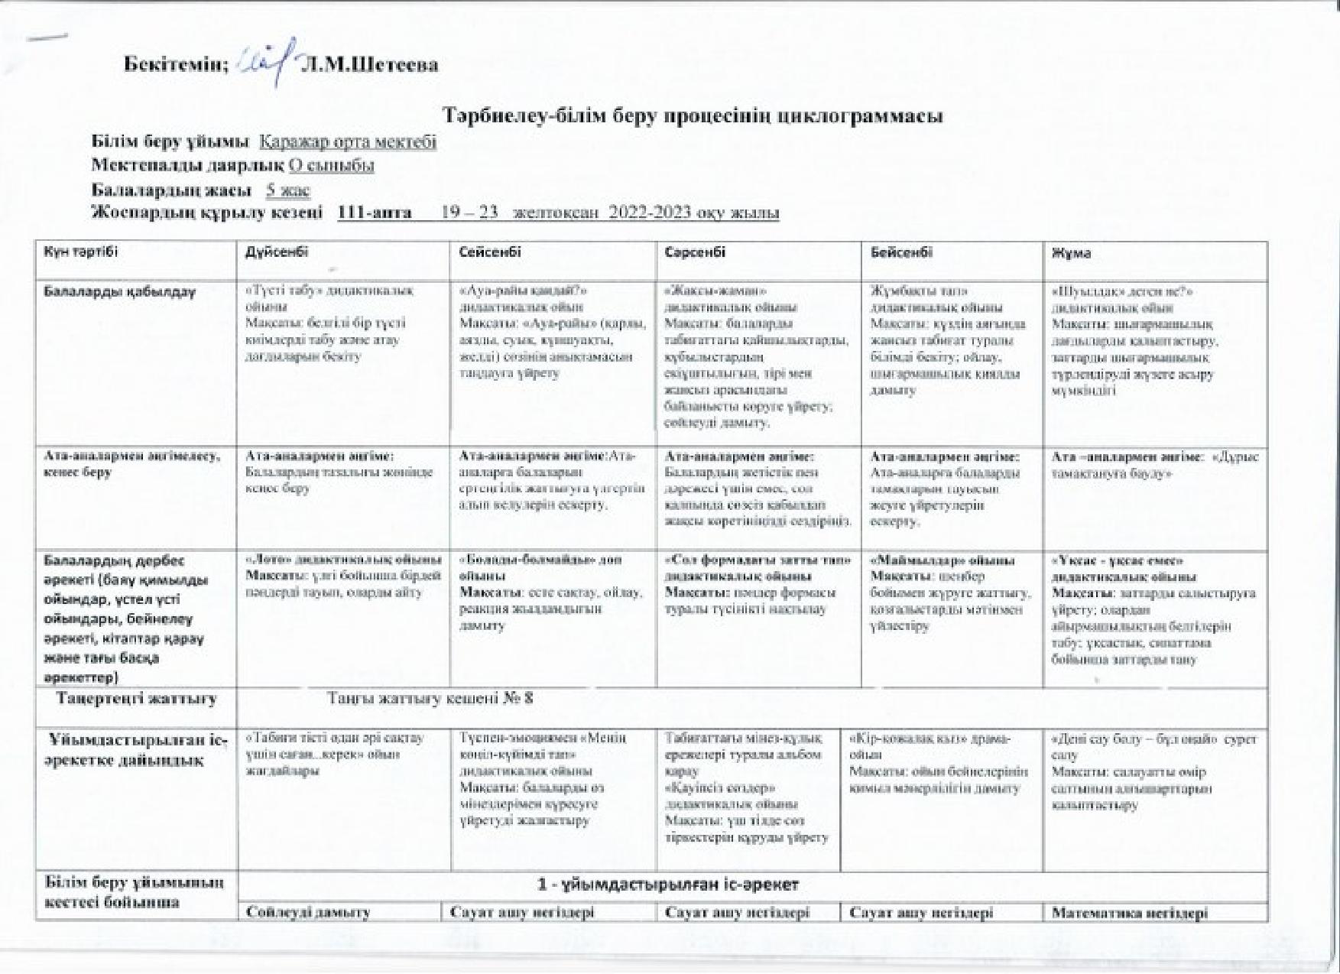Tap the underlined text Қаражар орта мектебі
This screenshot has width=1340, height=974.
(x=348, y=142)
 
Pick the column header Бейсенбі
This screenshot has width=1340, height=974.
(x=901, y=252)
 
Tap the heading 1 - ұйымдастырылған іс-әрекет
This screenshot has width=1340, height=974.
(x=668, y=885)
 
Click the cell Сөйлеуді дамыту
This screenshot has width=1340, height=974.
(x=309, y=913)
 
